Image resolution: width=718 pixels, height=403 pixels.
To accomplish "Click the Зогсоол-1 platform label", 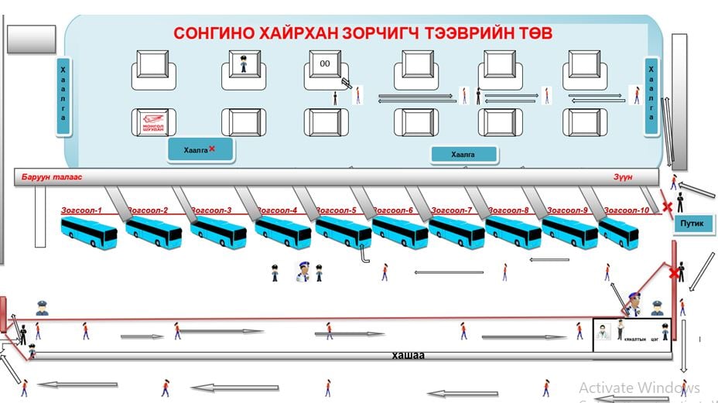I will coord(83,210).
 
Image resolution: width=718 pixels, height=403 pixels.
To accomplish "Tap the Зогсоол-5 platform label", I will coord(333,210).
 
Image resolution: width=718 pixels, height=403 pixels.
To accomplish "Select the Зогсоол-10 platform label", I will coord(627,210).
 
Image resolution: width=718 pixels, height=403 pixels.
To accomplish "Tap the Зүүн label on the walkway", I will coord(623,177).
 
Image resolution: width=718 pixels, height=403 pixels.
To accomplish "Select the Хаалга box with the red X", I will coord(200,150).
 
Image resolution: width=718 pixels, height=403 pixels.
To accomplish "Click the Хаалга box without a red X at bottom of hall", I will coord(464,155).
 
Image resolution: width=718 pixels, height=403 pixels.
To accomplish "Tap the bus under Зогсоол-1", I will coord(88,231).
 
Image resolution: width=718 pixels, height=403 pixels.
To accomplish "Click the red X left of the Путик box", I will coord(666,207).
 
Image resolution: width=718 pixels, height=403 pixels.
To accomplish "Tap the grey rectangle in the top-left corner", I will coord(31,39).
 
